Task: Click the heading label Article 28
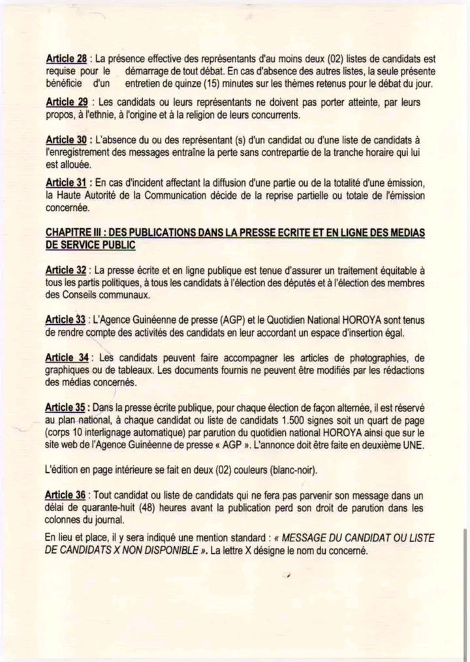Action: [x=66, y=58]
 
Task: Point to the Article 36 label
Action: [x=67, y=496]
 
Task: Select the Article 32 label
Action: [x=67, y=270]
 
